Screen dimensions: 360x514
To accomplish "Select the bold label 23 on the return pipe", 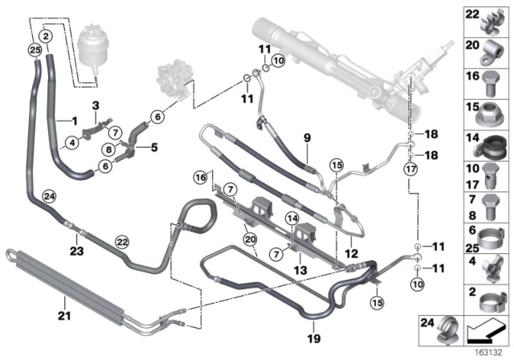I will click(76, 250).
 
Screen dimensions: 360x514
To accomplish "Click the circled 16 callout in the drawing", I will click(199, 177).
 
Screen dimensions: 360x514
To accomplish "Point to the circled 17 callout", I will click(410, 170).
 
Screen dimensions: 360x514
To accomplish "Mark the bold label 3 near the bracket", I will click(95, 105).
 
